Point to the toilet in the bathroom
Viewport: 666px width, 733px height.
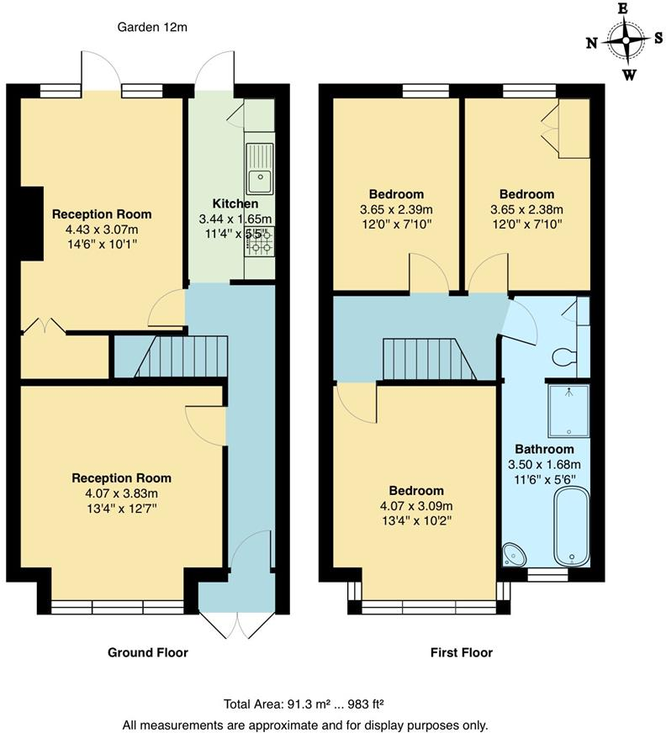click(x=566, y=357)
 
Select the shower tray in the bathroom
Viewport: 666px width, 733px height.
click(x=568, y=410)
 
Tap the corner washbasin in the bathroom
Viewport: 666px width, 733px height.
click(x=512, y=554)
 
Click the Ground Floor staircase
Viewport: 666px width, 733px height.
click(x=182, y=356)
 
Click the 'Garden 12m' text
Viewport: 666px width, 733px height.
click(x=152, y=27)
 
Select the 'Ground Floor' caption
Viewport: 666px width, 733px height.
click(x=148, y=652)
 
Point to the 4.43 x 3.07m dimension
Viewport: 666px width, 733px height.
click(x=102, y=229)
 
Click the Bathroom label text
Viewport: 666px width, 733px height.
click(x=544, y=450)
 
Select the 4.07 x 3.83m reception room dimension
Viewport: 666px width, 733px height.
click(x=121, y=493)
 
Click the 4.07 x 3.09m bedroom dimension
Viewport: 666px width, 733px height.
click(x=416, y=506)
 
